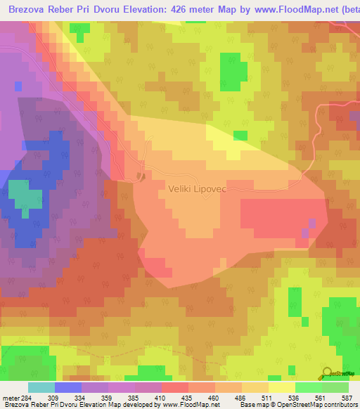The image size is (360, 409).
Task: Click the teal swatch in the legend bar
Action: tap(41, 388)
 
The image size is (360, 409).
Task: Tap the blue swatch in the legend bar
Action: tap(67, 388)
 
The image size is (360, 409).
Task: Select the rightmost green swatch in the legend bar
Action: tap(335, 388)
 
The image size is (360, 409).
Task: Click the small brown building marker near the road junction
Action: tap(141, 176)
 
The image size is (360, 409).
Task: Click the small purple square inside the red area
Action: tap(312, 223)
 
